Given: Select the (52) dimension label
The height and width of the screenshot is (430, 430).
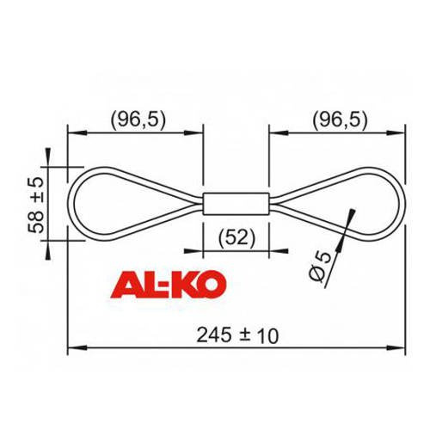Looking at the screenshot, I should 236,238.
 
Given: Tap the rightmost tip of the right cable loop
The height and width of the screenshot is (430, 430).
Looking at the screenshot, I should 402,204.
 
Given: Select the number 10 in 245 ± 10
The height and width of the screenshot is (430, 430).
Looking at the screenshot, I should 268,335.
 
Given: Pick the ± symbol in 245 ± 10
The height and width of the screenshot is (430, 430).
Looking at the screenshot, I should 247,335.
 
